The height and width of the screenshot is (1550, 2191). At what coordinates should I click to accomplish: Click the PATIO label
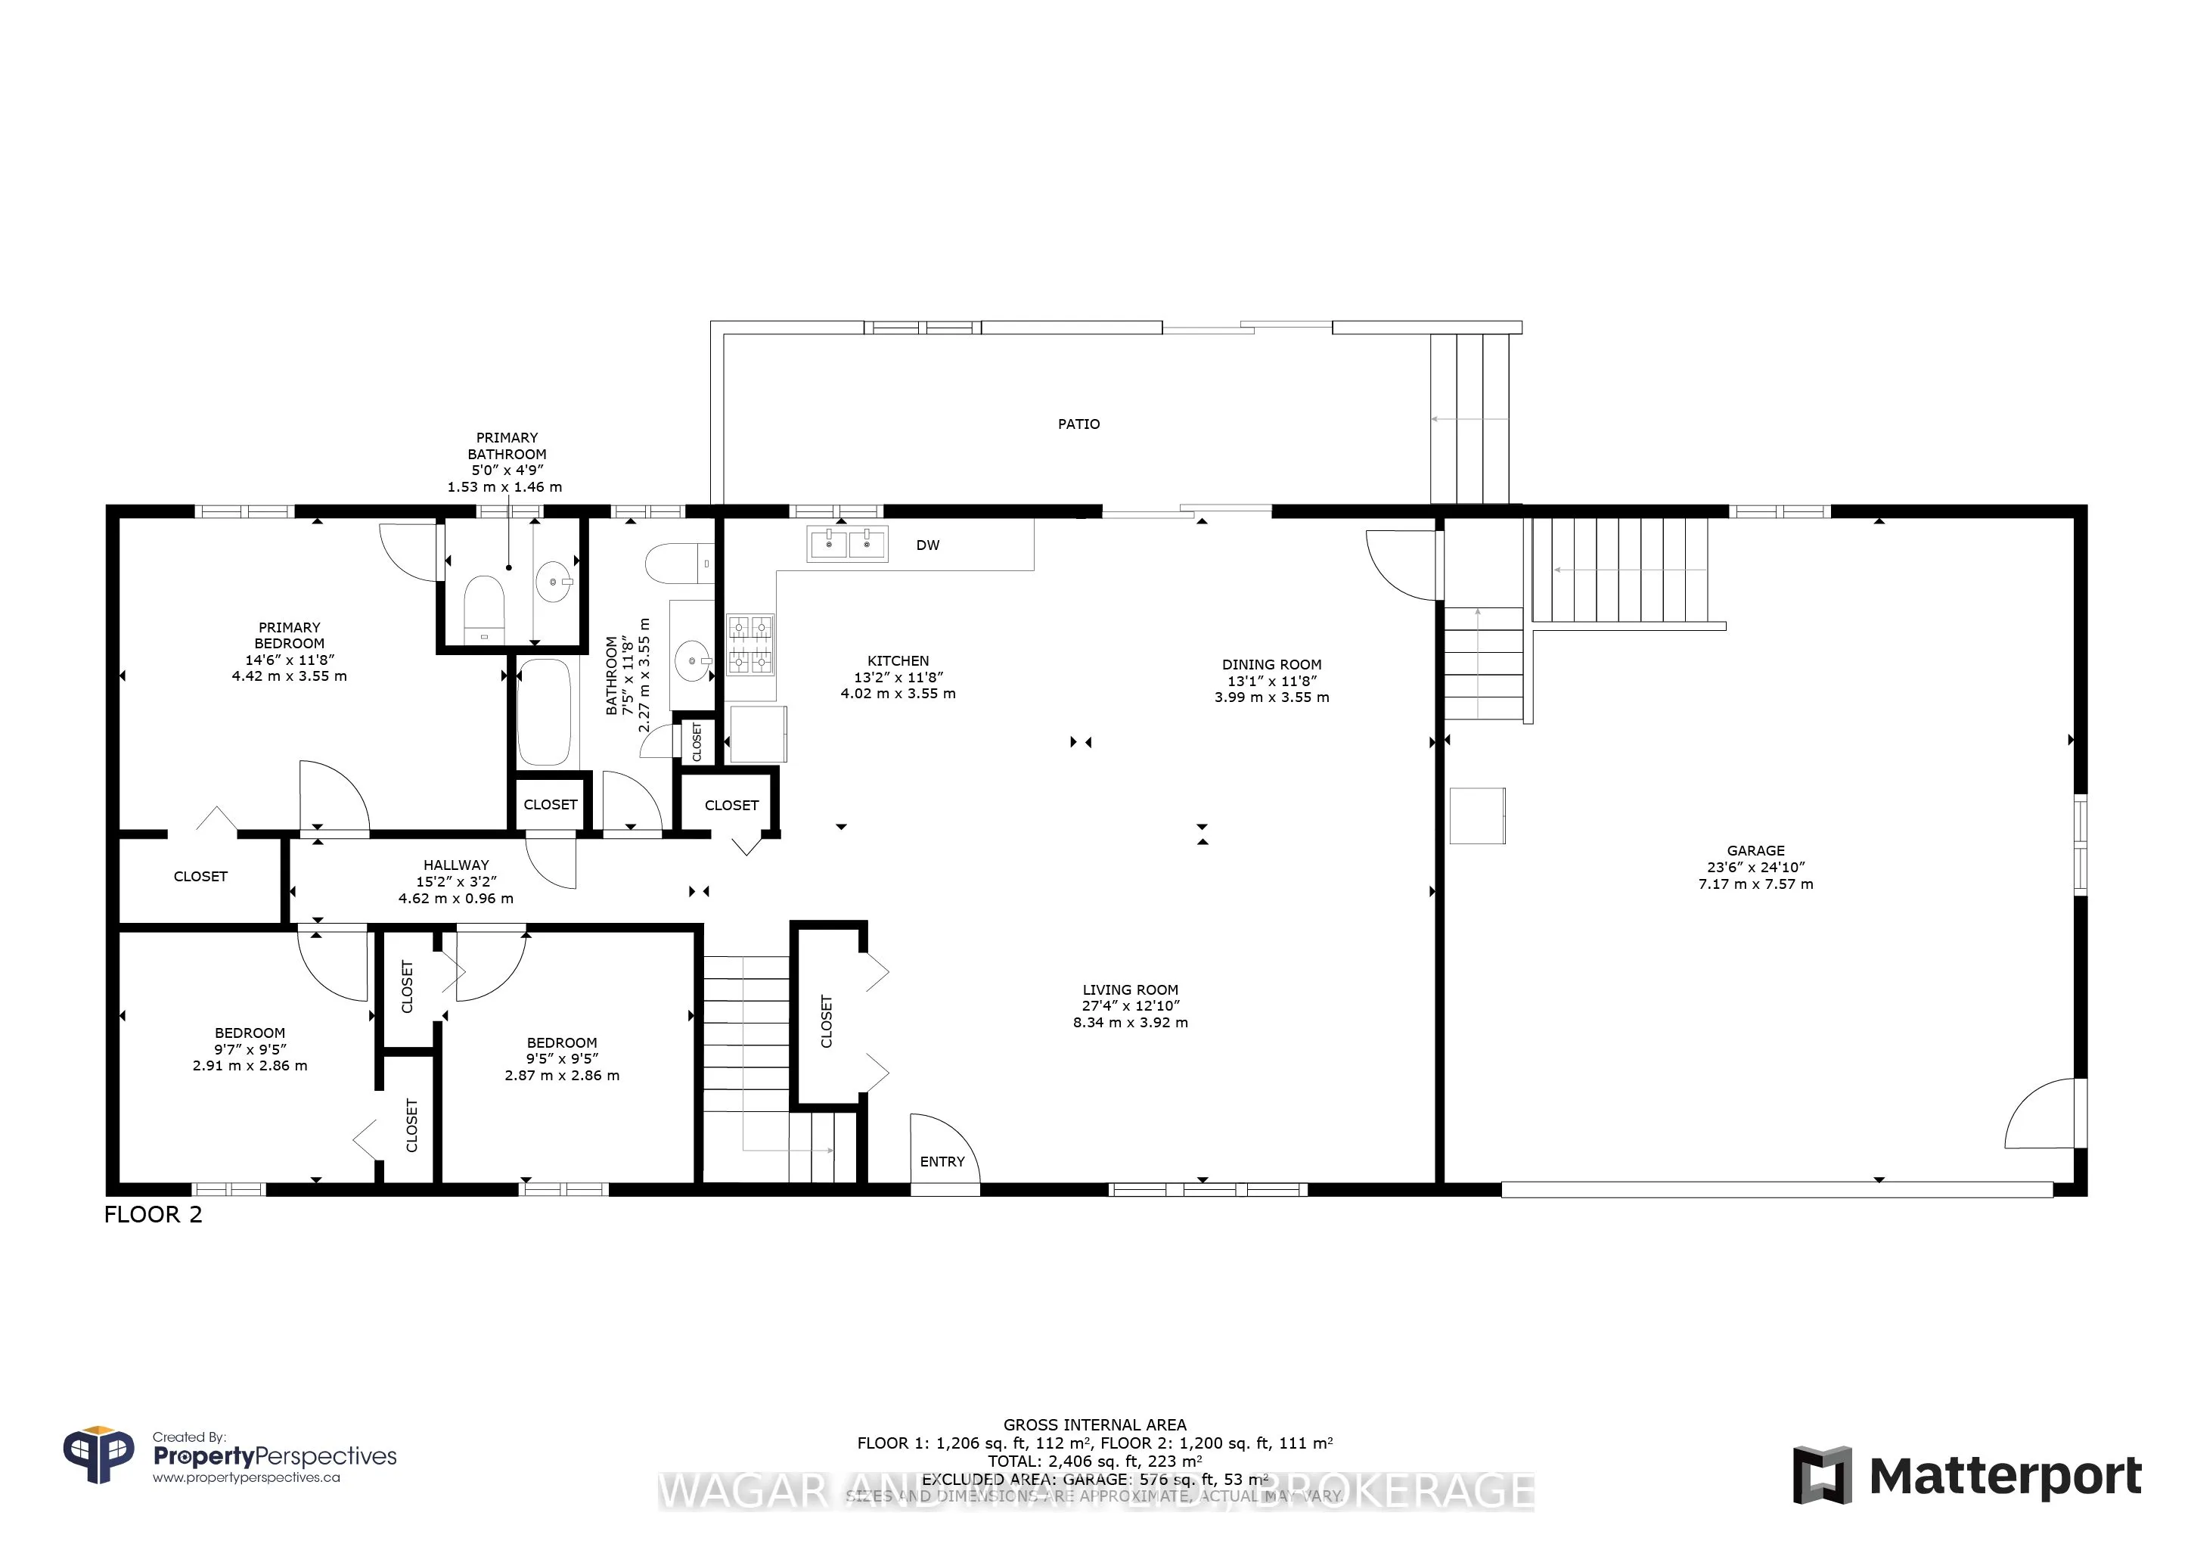pyautogui.click(x=1078, y=424)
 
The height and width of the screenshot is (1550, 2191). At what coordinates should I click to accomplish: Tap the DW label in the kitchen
pyautogui.click(x=927, y=545)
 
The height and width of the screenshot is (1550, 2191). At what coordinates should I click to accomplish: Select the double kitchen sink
pyautogui.click(x=846, y=544)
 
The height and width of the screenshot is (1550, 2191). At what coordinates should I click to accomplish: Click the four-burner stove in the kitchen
pyautogui.click(x=750, y=645)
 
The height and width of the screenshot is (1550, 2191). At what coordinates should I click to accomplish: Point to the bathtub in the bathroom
pyautogui.click(x=544, y=712)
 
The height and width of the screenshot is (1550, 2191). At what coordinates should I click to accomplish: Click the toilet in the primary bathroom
pyautogui.click(x=484, y=608)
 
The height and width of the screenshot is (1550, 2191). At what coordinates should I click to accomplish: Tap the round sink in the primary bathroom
pyautogui.click(x=554, y=581)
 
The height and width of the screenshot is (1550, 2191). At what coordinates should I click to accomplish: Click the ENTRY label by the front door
pyautogui.click(x=942, y=1161)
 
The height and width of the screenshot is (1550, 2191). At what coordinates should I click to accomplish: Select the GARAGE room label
pyautogui.click(x=1755, y=850)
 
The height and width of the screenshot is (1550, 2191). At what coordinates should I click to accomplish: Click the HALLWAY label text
pyautogui.click(x=456, y=865)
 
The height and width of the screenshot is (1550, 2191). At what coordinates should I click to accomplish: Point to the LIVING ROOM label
pyautogui.click(x=1130, y=989)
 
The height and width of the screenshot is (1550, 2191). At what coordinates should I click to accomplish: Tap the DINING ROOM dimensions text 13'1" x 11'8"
pyautogui.click(x=1271, y=681)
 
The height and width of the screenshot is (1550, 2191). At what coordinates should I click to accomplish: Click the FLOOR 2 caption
pyautogui.click(x=153, y=1214)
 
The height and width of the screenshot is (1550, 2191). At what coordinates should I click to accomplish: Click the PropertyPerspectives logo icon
pyautogui.click(x=98, y=1455)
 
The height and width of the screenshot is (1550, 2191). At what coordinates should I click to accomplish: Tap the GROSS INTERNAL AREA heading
pyautogui.click(x=1094, y=1424)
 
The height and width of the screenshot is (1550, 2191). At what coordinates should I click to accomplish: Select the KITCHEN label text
pyautogui.click(x=897, y=660)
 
